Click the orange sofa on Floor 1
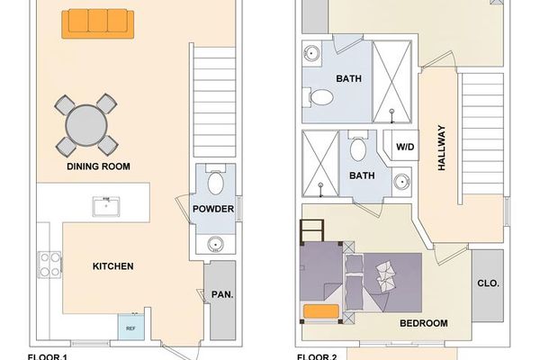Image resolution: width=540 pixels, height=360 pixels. click(x=95, y=23)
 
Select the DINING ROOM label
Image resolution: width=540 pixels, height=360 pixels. click(x=98, y=166)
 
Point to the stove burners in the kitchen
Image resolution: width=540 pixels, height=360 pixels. click(x=48, y=265)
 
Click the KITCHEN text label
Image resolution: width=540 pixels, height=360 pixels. click(x=113, y=266)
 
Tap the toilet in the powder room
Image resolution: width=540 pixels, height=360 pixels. click(x=216, y=183)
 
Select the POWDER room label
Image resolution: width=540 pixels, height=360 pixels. click(x=214, y=210)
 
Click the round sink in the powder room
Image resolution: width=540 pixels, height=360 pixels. click(x=215, y=243)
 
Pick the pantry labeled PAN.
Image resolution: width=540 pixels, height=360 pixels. click(x=221, y=293)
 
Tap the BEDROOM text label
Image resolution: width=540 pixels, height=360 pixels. click(x=422, y=323)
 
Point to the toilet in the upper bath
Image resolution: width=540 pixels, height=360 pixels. click(x=319, y=96)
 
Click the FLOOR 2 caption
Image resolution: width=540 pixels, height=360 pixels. click(x=317, y=356)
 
